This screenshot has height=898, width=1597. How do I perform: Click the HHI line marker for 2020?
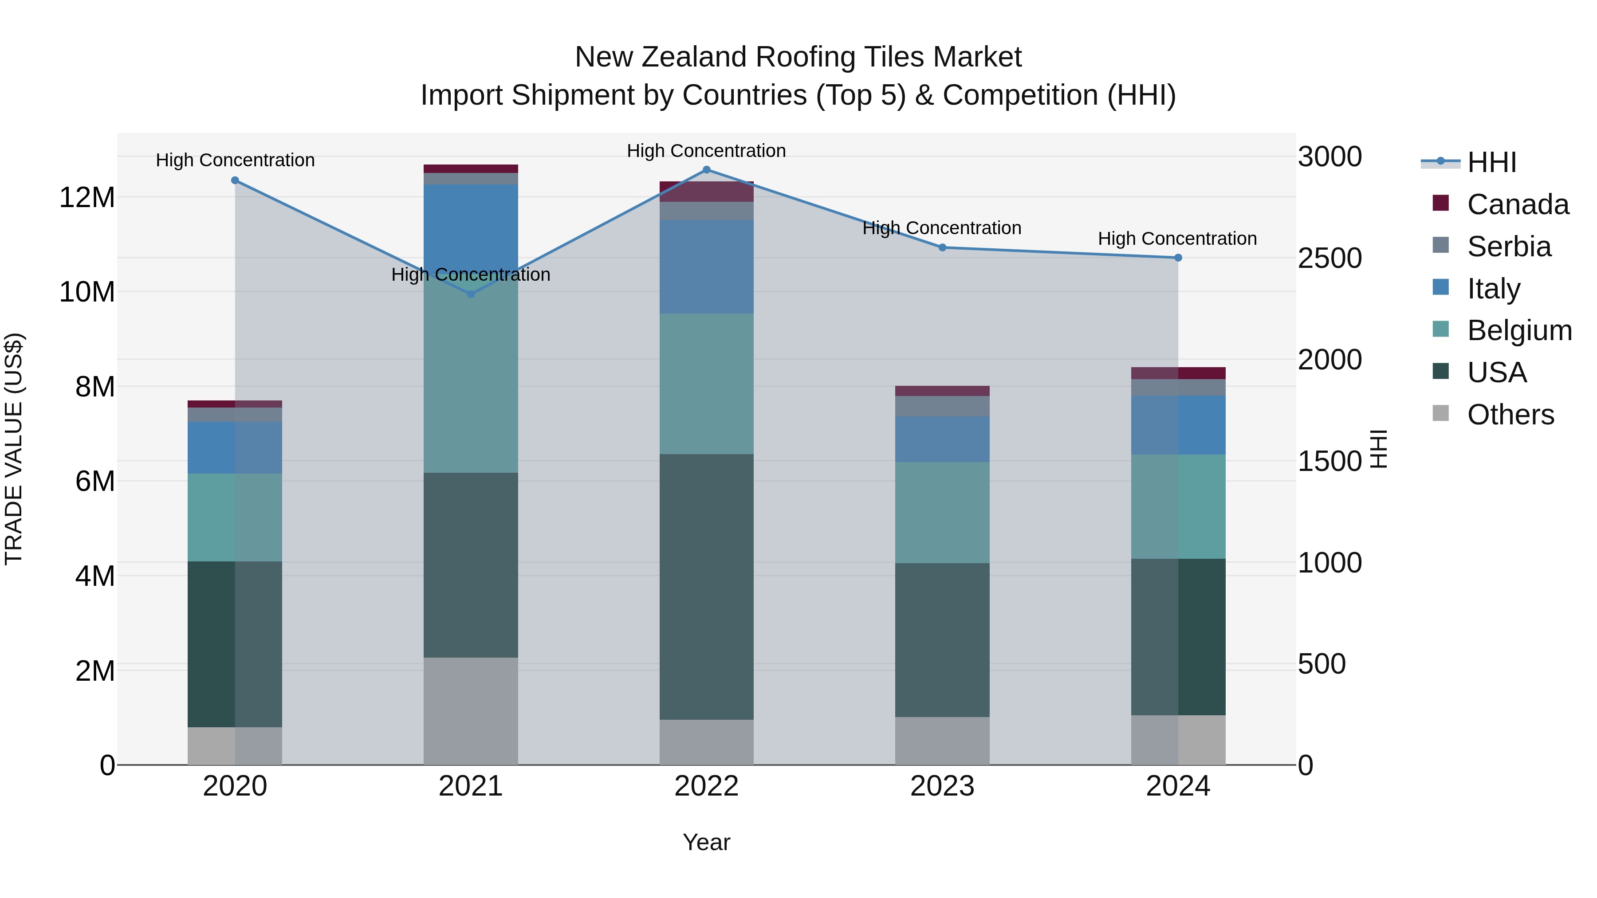[x=235, y=180]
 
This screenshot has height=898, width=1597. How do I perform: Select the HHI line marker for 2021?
[x=471, y=294]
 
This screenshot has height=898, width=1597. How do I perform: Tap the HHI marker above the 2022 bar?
[x=706, y=170]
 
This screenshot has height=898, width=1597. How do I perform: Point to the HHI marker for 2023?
[x=942, y=247]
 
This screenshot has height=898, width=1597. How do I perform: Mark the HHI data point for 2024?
[x=1178, y=258]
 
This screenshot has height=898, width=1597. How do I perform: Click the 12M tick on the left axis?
[x=87, y=198]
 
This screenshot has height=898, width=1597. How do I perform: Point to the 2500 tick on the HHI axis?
[x=1330, y=259]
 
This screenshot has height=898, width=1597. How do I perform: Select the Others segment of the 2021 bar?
[x=471, y=711]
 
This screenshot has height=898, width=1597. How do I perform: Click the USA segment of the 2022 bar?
[x=706, y=586]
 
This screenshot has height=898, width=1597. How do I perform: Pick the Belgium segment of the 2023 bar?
[x=942, y=513]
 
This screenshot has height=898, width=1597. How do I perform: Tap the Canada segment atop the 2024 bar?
[x=1178, y=373]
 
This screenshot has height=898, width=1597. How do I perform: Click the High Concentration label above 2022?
[x=706, y=151]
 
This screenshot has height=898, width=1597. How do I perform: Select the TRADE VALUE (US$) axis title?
[x=14, y=449]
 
